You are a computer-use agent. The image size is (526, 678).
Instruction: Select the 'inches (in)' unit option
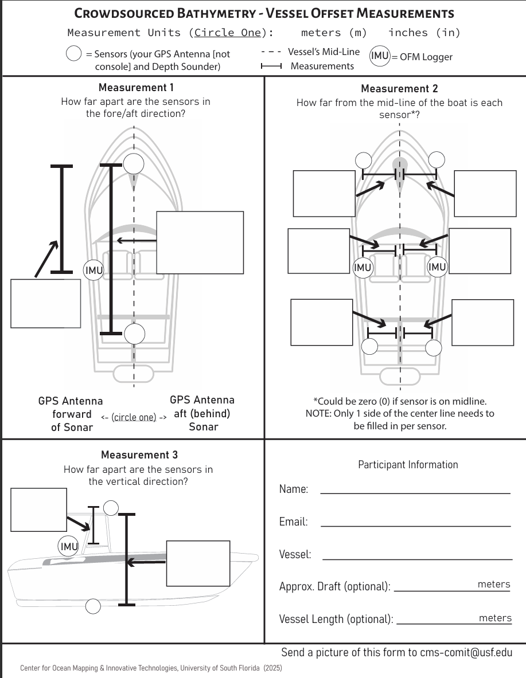click(x=424, y=33)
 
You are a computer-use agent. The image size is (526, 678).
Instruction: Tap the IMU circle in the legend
click(x=380, y=56)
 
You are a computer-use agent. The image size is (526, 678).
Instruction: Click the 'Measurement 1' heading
click(x=136, y=88)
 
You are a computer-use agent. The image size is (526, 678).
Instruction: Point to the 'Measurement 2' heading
click(x=399, y=89)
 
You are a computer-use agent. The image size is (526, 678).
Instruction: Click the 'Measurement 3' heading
click(x=139, y=455)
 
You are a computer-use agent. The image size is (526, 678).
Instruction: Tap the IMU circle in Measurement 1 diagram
click(x=93, y=270)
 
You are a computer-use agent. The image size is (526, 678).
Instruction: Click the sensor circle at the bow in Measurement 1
click(x=134, y=164)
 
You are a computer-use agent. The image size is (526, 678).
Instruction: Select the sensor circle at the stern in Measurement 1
click(x=134, y=334)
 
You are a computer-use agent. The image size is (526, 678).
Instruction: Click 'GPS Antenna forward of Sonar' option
click(x=71, y=414)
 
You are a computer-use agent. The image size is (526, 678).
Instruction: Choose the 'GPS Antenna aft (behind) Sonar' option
click(x=202, y=413)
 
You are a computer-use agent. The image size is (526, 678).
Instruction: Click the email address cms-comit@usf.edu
click(x=466, y=653)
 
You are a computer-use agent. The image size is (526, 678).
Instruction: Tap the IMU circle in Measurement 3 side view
click(x=69, y=547)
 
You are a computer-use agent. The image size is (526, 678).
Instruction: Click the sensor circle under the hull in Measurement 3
click(x=93, y=605)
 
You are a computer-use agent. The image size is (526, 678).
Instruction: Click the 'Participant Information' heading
click(x=408, y=465)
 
